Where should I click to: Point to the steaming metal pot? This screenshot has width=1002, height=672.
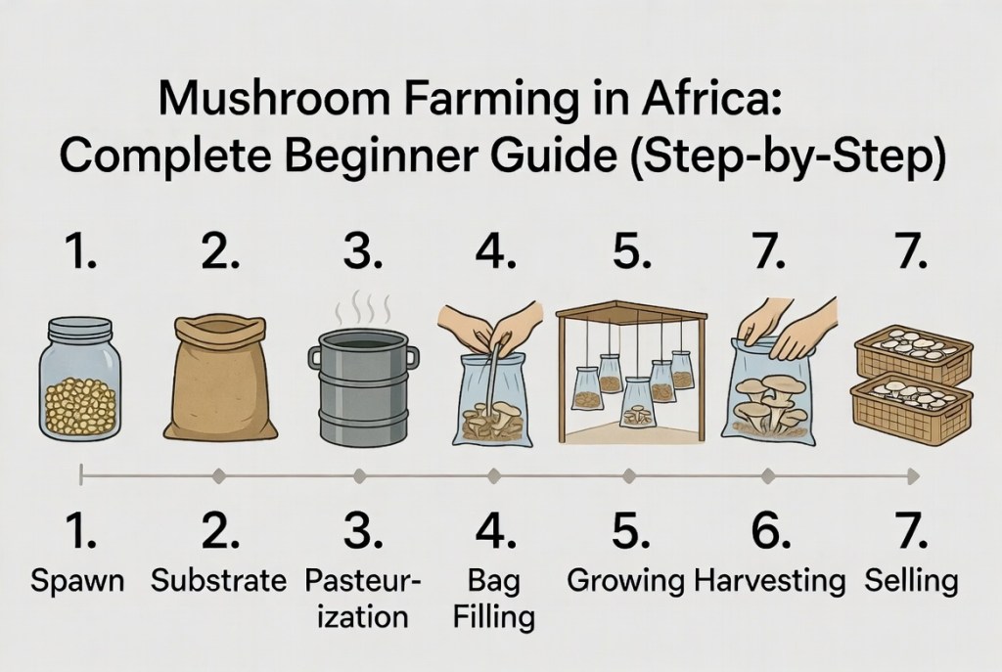[363, 386]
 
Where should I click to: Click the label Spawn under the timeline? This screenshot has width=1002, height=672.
[77, 582]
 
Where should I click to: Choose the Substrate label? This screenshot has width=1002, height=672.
[218, 580]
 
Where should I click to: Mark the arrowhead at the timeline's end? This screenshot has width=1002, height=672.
[914, 476]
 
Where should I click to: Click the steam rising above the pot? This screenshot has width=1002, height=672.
[363, 306]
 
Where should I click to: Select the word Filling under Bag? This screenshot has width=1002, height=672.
[493, 617]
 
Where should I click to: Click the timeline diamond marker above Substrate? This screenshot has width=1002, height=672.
[219, 476]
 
